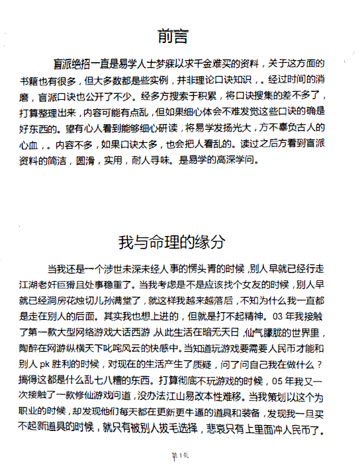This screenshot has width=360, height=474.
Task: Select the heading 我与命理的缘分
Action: pos(179,241)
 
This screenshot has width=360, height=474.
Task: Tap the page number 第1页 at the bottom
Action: pos(181,456)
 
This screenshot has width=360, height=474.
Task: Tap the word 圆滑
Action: pos(107,159)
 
